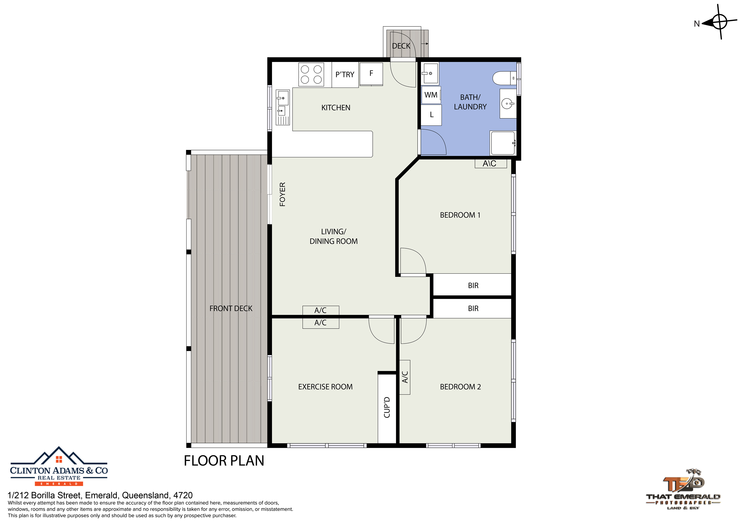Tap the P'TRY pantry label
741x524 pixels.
(345, 75)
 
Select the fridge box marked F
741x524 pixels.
(371, 74)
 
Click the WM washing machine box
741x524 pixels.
(431, 95)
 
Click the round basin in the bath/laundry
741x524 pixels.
(508, 104)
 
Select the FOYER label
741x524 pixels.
(282, 194)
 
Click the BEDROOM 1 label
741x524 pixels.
(460, 215)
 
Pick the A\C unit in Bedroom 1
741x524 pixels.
(491, 163)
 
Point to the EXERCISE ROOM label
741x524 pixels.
(325, 387)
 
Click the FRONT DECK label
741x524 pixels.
(231, 309)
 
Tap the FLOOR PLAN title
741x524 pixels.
(224, 461)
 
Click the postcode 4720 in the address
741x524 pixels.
(183, 495)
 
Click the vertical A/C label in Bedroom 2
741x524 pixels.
(405, 377)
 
